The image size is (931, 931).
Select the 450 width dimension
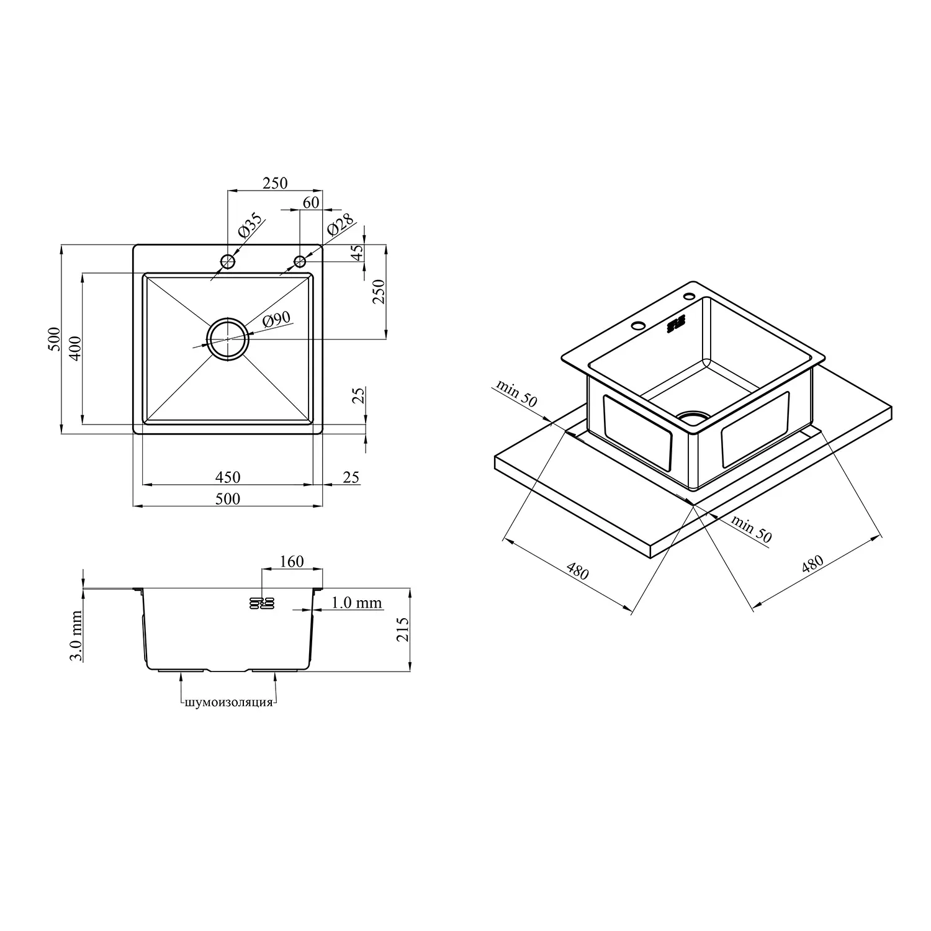228,477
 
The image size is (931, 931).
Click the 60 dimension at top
311,202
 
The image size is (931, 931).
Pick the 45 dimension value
356,254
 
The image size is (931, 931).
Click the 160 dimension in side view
292,561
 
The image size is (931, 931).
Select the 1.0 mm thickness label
356,603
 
